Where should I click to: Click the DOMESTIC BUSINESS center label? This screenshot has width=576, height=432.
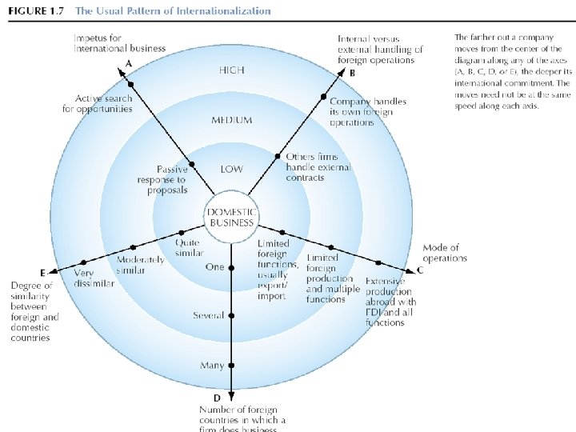click(x=231, y=217)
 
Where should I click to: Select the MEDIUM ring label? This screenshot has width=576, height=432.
click(x=231, y=120)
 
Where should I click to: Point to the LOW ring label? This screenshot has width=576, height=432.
click(x=231, y=170)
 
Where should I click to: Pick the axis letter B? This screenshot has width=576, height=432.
click(x=354, y=72)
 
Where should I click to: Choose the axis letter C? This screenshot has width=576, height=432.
click(x=420, y=270)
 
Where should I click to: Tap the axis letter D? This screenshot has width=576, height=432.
click(x=217, y=398)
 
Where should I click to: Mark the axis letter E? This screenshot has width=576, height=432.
click(x=42, y=273)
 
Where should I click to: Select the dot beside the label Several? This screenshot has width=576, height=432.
click(x=231, y=316)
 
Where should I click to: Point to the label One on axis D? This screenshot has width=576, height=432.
click(x=214, y=267)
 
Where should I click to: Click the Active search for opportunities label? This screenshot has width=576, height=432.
click(x=98, y=103)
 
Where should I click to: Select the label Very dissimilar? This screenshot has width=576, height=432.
click(x=94, y=277)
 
